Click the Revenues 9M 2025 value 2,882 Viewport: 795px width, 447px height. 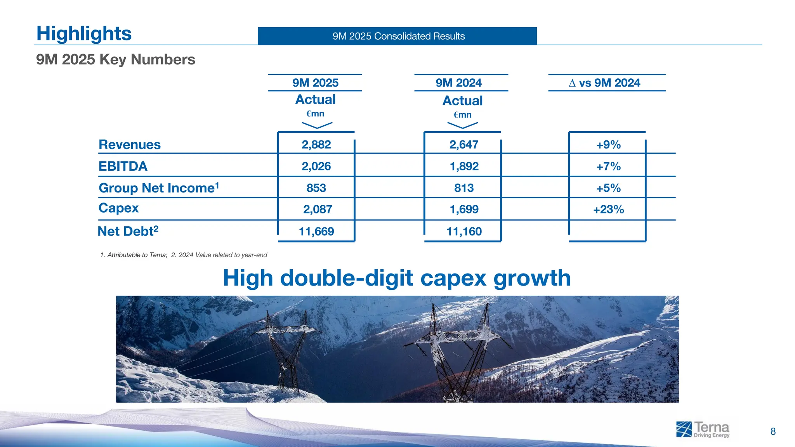316,144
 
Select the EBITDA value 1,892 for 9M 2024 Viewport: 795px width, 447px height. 464,166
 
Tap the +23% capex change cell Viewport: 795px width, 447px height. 608,209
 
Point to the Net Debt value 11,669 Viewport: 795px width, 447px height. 316,231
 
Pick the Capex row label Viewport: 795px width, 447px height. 118,208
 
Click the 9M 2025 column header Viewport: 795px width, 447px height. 315,83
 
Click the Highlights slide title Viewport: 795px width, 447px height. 84,33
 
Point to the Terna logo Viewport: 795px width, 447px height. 703,430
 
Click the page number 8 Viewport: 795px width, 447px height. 772,431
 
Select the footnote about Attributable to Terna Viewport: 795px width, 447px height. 134,255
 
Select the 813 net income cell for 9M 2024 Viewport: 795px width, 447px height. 464,188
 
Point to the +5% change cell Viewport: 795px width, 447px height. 608,188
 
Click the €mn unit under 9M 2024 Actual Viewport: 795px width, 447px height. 462,115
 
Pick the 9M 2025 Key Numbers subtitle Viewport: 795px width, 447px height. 115,59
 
